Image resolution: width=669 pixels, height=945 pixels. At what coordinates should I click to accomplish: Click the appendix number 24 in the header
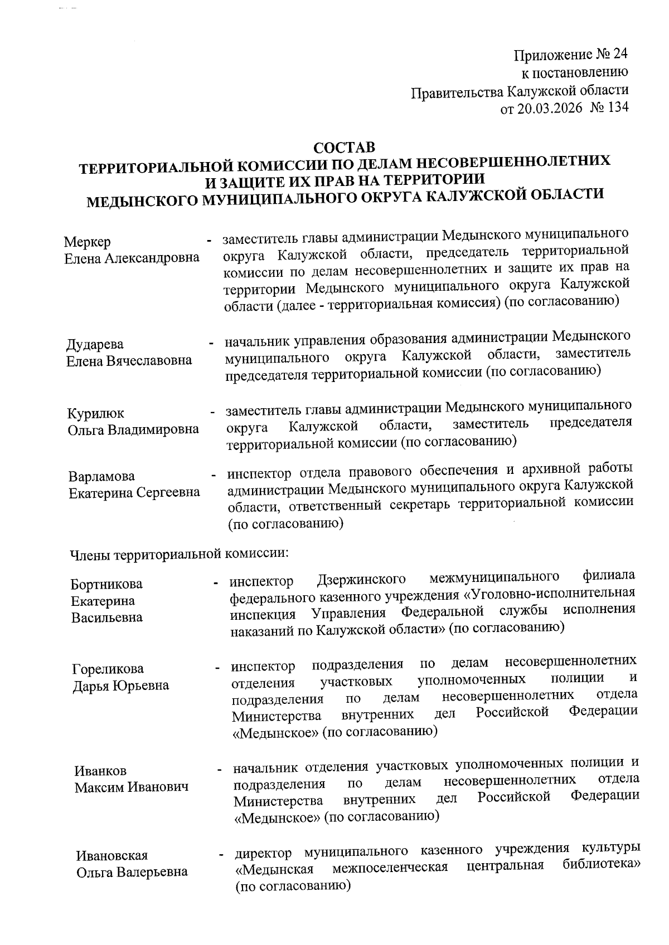point(620,55)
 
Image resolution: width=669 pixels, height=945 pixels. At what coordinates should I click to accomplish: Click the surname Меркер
point(87,242)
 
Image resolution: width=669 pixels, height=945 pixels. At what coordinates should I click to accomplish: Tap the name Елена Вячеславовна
point(129,360)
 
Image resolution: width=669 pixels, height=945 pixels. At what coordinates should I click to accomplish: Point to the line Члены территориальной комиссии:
point(178,554)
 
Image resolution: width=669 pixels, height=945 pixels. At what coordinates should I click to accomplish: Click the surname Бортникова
point(106,584)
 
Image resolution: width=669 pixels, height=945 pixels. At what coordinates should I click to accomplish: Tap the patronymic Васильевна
point(106,617)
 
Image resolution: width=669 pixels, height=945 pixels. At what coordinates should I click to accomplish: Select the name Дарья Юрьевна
point(120,686)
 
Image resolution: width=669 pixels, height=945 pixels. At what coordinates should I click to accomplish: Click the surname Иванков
point(100,771)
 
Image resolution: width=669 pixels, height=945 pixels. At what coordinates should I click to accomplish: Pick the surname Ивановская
point(112,856)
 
